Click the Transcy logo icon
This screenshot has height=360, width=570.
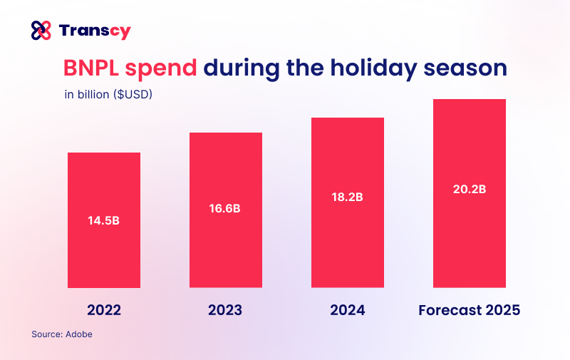coord(41,31)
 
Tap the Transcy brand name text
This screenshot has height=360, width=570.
coord(95,31)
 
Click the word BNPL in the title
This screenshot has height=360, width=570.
coord(92,68)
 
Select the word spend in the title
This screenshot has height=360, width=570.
coord(162,68)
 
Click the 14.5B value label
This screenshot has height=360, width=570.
coord(104,220)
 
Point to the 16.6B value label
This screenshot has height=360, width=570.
coord(225,209)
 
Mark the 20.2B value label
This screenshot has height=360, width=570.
coord(470,190)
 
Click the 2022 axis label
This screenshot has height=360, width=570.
coord(104,311)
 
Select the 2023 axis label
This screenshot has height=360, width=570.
coord(225,311)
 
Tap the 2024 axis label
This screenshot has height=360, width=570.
coord(348,311)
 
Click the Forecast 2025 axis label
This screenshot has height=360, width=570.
coord(470,311)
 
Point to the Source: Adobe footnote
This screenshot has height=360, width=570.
coord(62,334)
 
